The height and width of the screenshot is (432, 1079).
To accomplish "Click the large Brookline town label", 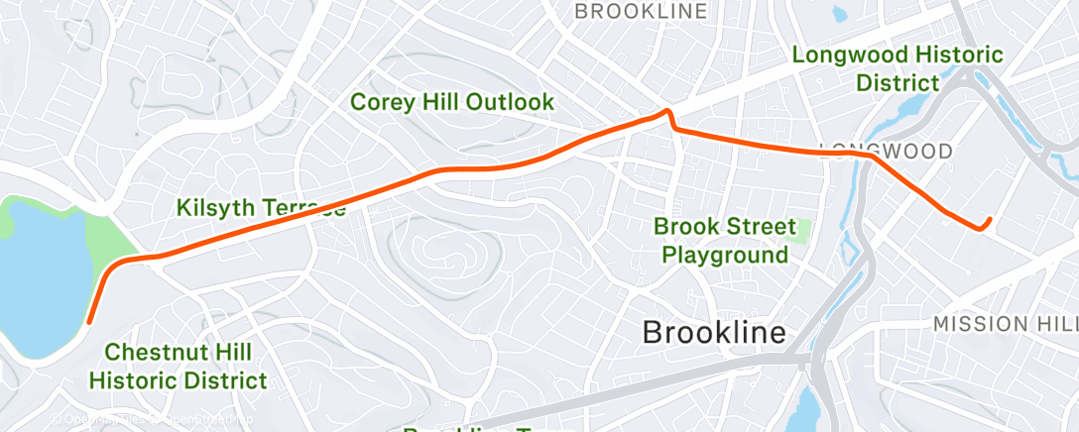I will click(714, 332).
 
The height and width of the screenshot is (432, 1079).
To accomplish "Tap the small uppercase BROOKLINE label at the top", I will click(642, 11).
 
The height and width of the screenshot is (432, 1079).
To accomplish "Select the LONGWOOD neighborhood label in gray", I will click(886, 152).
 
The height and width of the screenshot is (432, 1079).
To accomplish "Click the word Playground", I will click(724, 255).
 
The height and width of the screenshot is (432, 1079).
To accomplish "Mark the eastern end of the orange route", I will click(990, 219).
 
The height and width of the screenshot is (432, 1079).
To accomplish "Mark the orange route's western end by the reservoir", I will click(90, 321).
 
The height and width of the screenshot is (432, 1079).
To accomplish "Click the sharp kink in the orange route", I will click(668, 112).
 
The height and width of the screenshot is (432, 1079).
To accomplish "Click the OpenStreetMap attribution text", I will click(198, 420).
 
